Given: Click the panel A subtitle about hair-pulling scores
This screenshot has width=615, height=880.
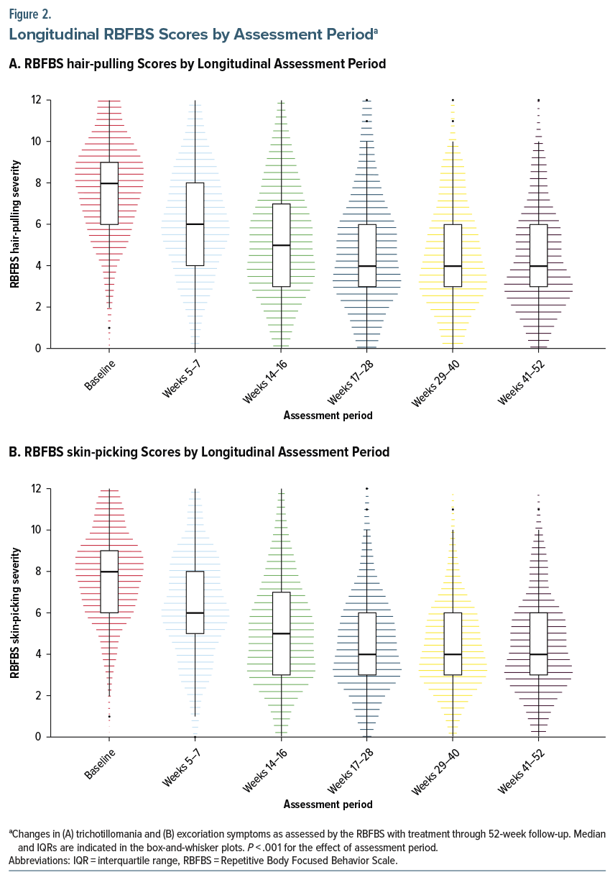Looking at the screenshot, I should pyautogui.click(x=198, y=64).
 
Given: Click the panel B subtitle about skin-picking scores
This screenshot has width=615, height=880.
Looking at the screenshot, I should pyautogui.click(x=199, y=452).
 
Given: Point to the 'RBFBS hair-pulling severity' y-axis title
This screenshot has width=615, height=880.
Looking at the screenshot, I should pyautogui.click(x=15, y=224).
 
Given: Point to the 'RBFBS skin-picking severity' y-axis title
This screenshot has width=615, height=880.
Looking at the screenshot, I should pyautogui.click(x=15, y=613).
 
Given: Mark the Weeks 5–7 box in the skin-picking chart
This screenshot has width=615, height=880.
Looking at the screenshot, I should pyautogui.click(x=195, y=602).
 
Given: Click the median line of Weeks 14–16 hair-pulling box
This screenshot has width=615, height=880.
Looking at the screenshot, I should pyautogui.click(x=281, y=245).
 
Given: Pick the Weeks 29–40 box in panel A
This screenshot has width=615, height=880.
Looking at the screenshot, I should pyautogui.click(x=453, y=255).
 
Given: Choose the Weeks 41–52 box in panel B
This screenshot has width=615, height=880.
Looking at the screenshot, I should pyautogui.click(x=539, y=643).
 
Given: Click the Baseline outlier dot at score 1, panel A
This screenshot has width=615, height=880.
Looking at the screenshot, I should pyautogui.click(x=109, y=328).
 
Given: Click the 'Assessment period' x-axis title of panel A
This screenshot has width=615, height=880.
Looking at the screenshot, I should pyautogui.click(x=328, y=416).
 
